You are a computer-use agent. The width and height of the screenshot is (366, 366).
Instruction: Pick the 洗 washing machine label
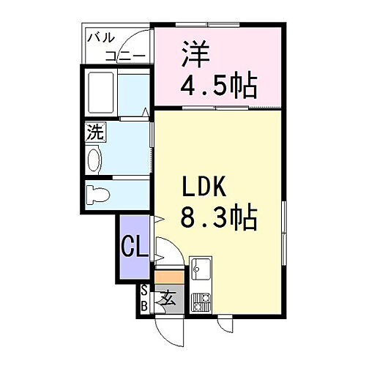95,134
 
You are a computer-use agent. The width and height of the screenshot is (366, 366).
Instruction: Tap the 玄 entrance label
168,299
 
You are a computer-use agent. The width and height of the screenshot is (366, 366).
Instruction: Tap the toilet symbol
98,195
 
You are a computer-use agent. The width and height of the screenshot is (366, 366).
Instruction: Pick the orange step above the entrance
168,277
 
